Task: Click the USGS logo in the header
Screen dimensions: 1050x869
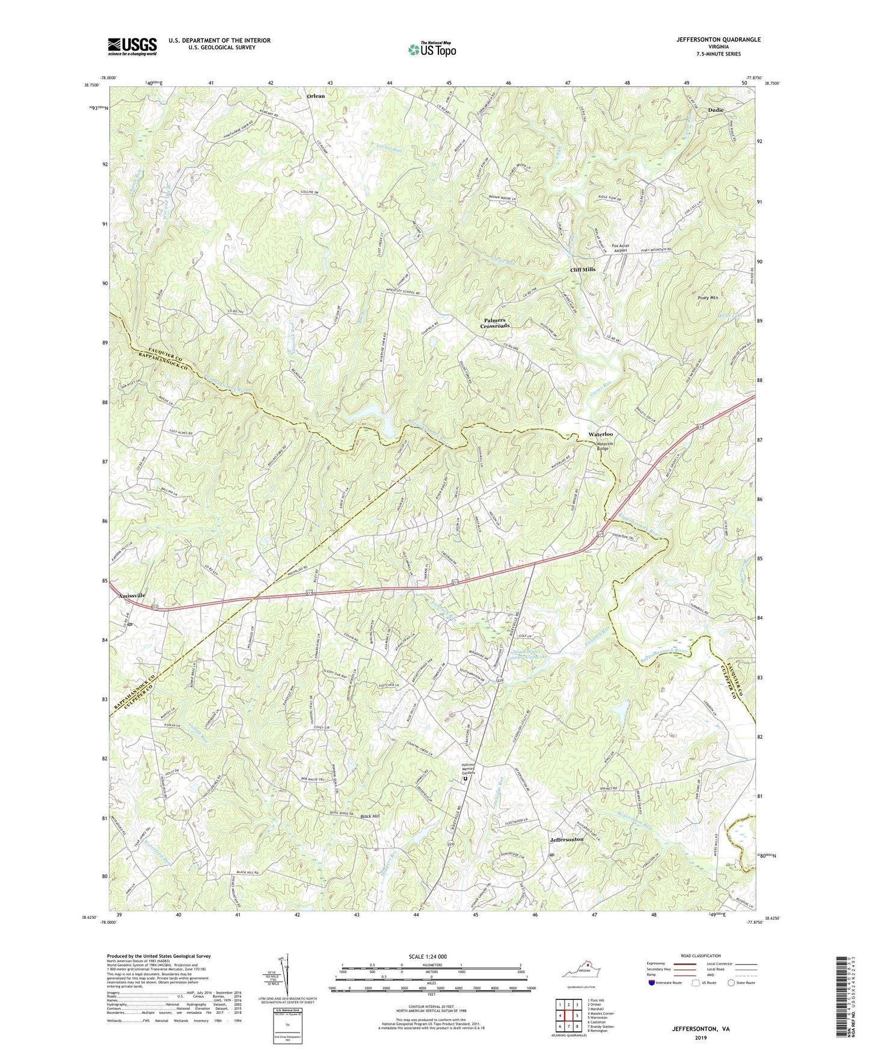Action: click(x=132, y=46)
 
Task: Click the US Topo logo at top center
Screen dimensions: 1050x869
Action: click(x=431, y=49)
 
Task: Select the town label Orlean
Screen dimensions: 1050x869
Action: click(x=316, y=96)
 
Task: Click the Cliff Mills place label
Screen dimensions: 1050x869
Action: click(x=583, y=269)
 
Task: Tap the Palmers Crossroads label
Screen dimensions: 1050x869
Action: click(x=495, y=323)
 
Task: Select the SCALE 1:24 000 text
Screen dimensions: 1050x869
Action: click(x=427, y=956)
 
